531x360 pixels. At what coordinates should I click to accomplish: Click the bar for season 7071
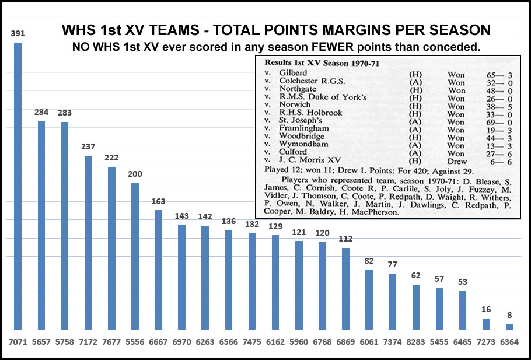coord(18,187)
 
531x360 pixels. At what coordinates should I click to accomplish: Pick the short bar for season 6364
coord(509,327)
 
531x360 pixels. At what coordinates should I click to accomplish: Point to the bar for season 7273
coord(486,324)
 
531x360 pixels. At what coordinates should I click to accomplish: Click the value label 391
coord(18,34)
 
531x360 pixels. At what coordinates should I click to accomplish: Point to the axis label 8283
coord(415,340)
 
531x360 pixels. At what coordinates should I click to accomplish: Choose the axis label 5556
coord(135,340)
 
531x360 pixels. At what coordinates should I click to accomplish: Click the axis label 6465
coord(462,340)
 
